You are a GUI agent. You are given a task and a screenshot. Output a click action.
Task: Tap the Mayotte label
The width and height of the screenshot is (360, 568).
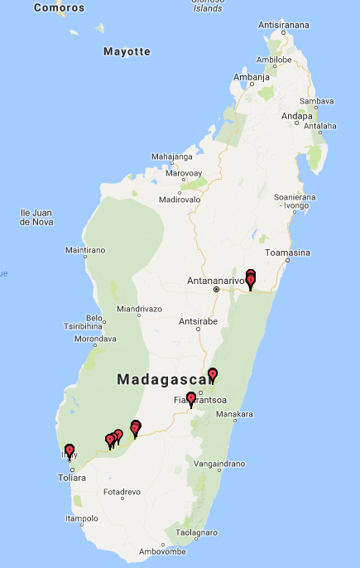[x=127, y=51]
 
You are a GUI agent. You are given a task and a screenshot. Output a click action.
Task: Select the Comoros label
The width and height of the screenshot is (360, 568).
[x=59, y=7]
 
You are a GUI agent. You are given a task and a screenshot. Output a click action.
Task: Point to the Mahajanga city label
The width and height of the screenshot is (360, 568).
[x=171, y=156]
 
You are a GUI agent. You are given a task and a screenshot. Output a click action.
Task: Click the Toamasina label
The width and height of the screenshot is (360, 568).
[x=286, y=253]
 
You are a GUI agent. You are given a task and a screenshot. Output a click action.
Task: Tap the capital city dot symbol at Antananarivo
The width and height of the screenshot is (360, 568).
[x=216, y=290]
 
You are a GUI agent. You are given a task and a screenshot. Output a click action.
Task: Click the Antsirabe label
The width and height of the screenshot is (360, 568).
[x=198, y=320]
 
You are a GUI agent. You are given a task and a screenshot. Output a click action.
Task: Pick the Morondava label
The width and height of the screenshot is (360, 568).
[x=95, y=339]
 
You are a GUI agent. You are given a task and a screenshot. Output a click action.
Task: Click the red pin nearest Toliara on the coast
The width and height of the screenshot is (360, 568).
[x=70, y=450]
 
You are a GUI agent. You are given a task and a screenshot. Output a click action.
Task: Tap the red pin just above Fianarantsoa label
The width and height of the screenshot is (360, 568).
[x=191, y=399]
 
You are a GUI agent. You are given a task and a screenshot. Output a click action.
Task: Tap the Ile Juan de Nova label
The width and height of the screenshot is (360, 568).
[x=36, y=217]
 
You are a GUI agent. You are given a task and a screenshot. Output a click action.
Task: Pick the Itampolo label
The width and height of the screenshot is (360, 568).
[x=81, y=519]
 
